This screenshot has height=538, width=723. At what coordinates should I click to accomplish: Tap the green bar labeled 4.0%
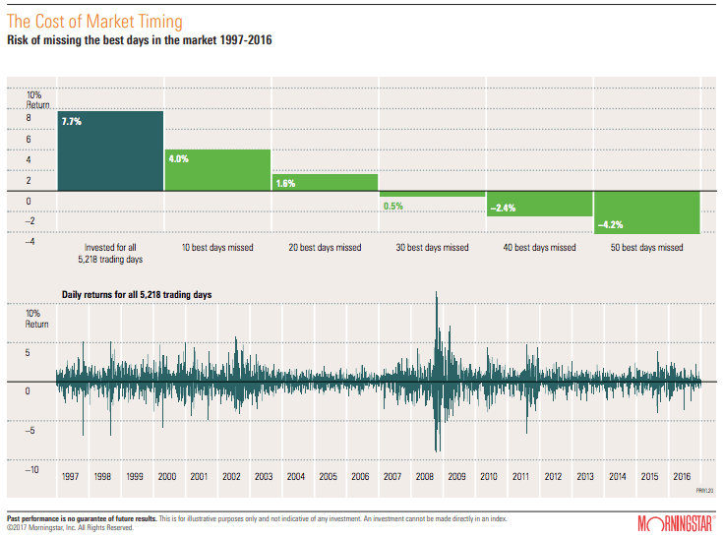217,170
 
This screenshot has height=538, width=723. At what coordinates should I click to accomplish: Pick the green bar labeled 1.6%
325,182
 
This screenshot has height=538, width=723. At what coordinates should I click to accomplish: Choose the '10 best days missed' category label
217,248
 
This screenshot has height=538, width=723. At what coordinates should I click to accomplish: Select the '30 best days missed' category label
433,248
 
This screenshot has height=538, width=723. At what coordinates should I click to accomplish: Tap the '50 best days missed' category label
647,248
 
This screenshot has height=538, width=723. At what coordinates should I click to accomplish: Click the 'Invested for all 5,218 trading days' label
109,253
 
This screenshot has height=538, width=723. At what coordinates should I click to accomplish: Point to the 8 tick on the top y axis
29,118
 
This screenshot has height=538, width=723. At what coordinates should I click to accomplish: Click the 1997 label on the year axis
70,476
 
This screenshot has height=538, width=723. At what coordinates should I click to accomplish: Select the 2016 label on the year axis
682,476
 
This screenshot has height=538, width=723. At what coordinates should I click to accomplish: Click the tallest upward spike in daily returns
436,295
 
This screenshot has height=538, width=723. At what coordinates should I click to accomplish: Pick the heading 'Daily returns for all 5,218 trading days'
136,294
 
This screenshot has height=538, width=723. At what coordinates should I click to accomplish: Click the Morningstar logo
675,521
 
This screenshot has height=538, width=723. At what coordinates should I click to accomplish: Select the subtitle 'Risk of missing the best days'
138,40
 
